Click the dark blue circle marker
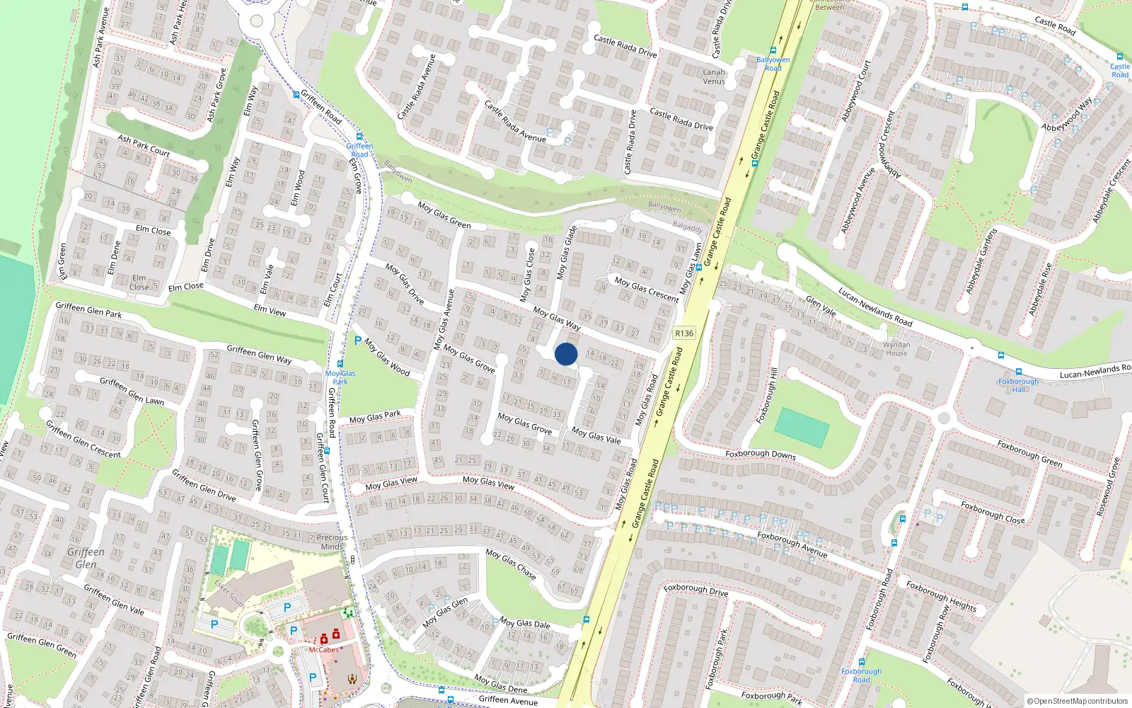566,354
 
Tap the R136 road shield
684,333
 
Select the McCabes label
323,649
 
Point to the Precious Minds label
332,542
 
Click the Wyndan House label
896,348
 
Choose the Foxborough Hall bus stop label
1018,385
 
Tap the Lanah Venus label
714,76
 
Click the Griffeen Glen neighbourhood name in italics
86,558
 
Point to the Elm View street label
270,310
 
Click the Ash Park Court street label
144,145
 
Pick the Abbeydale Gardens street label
981,261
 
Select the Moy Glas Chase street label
510,564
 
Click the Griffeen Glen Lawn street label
132,391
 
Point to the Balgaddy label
687,227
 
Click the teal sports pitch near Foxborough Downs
802,427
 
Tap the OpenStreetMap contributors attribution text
1078,701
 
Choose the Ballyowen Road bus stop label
773,64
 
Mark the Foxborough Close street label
993,512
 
